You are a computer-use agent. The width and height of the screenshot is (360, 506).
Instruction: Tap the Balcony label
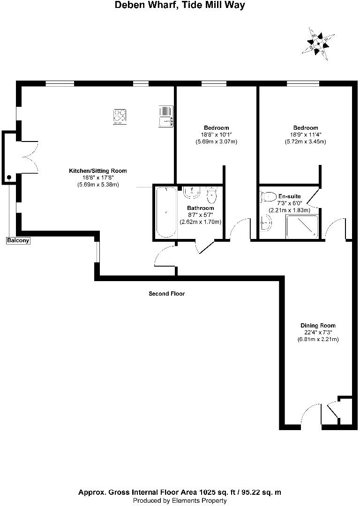[x=18, y=241]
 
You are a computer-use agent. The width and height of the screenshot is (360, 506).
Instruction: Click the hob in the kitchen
[x=120, y=116]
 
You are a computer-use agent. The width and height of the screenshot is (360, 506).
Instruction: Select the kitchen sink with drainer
[x=166, y=116]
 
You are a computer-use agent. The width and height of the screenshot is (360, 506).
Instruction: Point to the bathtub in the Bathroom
[x=166, y=212]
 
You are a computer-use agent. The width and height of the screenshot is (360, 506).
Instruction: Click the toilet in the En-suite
[x=268, y=196]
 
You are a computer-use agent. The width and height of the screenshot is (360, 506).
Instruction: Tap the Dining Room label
[x=318, y=326]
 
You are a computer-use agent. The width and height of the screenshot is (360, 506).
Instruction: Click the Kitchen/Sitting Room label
[x=98, y=171]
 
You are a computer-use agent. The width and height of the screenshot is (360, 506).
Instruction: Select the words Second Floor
[x=167, y=294]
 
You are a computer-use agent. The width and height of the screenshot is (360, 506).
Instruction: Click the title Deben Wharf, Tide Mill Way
[x=180, y=6]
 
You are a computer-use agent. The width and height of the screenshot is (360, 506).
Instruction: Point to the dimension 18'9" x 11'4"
[x=306, y=135]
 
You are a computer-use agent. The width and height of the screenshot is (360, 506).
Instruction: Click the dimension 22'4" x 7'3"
[x=318, y=333]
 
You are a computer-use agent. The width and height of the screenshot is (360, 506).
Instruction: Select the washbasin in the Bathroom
[x=192, y=192]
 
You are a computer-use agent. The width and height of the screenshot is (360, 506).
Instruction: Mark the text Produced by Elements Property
[x=180, y=501]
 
